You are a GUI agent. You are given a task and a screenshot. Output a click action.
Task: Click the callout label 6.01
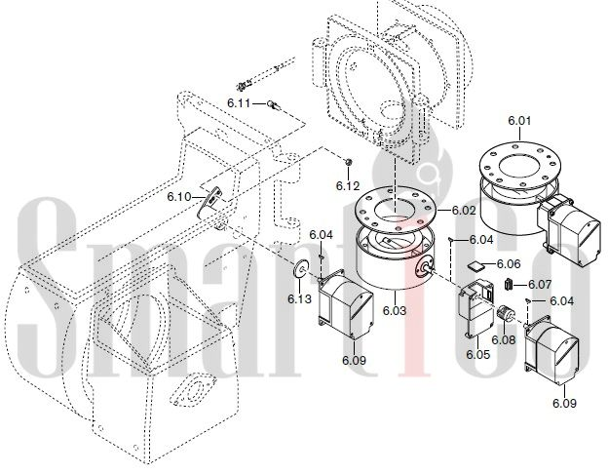[519, 121]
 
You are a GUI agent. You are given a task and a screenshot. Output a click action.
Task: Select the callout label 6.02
[464, 211]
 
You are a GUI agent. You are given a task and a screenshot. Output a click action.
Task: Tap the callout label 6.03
[395, 310]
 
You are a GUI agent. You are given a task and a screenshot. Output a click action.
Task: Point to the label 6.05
[477, 354]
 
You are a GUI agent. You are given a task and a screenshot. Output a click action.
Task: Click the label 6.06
[509, 264]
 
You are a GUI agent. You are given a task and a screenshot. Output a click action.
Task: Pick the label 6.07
[540, 285]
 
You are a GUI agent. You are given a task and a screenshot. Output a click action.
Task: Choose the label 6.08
[504, 339]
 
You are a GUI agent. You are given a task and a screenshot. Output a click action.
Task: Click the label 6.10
[179, 197]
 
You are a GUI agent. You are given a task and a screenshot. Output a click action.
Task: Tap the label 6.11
[239, 103]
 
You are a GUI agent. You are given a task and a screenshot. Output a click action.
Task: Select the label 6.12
[348, 186]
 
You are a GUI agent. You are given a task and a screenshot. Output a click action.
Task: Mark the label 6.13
[299, 298]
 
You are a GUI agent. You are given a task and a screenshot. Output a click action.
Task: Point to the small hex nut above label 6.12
[348, 162]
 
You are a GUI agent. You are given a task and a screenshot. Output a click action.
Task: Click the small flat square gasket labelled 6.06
[475, 266]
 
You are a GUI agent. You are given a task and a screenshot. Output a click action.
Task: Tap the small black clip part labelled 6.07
[509, 284]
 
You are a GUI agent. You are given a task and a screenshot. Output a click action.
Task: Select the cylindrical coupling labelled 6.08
[504, 313]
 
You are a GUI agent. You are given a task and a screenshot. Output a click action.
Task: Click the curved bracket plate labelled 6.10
[209, 200]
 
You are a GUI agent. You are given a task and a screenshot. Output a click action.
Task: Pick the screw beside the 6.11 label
[274, 104]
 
